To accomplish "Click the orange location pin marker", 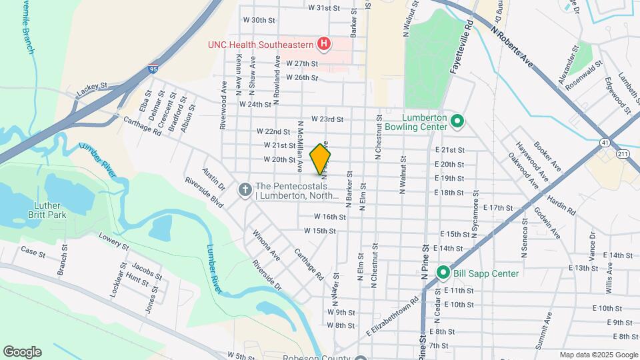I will click(320, 159).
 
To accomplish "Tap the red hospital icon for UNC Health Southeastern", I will click(324, 45).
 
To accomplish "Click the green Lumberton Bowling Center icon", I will click(457, 121).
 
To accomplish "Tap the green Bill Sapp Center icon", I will click(442, 273).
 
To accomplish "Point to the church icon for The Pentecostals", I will click(245, 191).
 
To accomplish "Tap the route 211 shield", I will click(623, 154).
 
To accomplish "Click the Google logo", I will click(22, 351).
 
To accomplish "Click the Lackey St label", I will click(91, 87).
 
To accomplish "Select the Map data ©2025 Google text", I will click(598, 355).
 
